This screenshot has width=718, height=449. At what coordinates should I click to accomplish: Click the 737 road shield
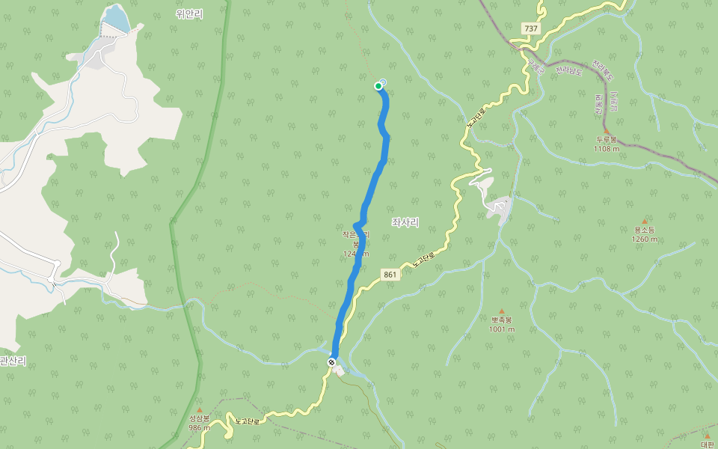(x=530, y=28)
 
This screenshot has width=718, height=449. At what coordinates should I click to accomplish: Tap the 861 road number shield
(x=389, y=275)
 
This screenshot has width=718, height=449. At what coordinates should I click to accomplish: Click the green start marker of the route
(x=378, y=86)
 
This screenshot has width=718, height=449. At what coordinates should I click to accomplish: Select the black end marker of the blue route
(x=331, y=362)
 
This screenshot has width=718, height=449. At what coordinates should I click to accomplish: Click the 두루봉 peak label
(x=606, y=139)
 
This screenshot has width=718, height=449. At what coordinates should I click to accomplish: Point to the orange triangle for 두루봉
(x=606, y=130)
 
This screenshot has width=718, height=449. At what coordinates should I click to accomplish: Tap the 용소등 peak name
(x=644, y=230)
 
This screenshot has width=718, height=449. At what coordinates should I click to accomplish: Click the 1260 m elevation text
(x=644, y=239)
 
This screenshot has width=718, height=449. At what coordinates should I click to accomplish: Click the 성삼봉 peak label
(x=199, y=418)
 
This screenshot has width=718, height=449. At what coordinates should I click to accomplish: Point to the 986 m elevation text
(x=199, y=428)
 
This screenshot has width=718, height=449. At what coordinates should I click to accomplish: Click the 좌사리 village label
(x=405, y=222)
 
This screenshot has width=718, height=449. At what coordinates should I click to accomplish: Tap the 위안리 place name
(x=189, y=13)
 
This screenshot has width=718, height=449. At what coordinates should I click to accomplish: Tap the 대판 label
(x=708, y=444)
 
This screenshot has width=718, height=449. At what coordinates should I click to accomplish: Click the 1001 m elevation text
(x=501, y=329)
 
